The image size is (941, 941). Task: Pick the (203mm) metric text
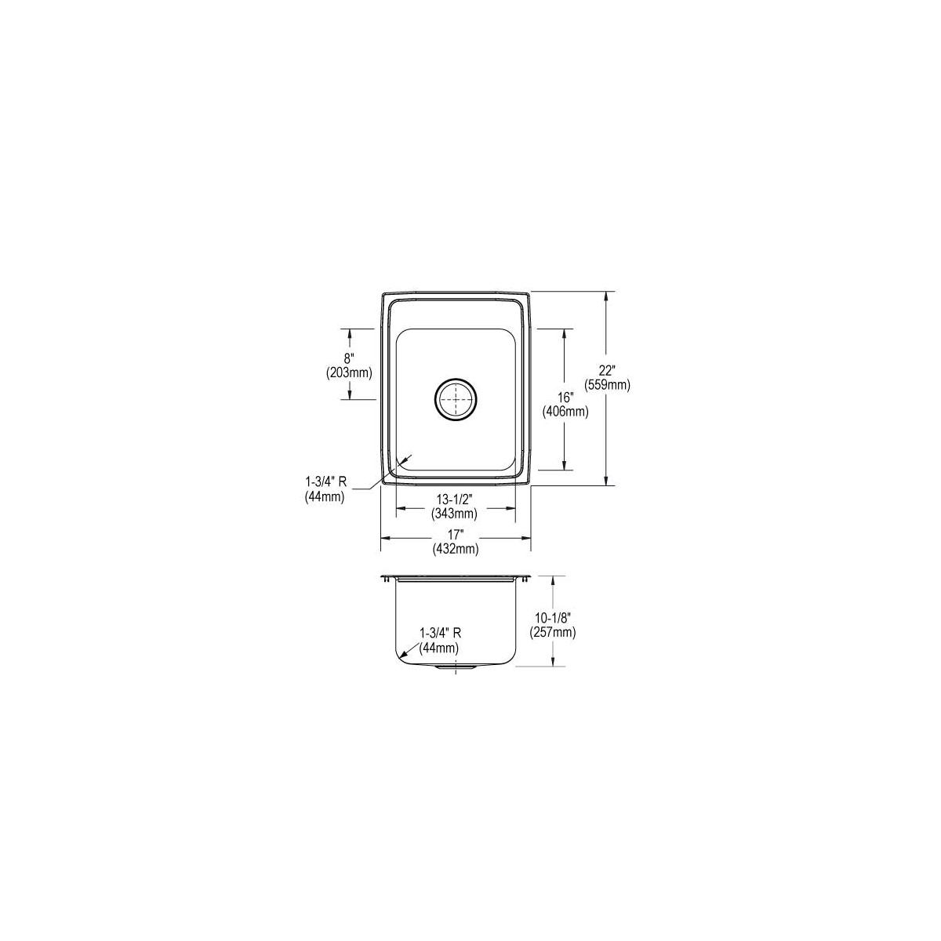coord(349,373)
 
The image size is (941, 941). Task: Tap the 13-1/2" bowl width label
coord(454,499)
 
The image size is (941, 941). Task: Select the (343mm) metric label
coord(454,513)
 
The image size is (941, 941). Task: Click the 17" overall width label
coord(455,535)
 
